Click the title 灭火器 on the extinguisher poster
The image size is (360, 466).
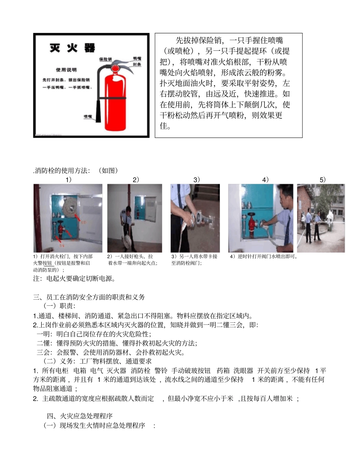click(72, 48)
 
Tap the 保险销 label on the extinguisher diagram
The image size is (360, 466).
click(105, 59)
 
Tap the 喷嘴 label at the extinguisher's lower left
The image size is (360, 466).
click(88, 116)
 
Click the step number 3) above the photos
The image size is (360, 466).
click(196, 180)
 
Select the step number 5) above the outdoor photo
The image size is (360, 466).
click(322, 180)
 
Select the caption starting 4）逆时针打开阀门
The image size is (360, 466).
click(264, 256)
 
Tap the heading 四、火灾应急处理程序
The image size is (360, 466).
click(82, 416)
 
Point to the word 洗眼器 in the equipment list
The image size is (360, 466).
click(243, 370)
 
